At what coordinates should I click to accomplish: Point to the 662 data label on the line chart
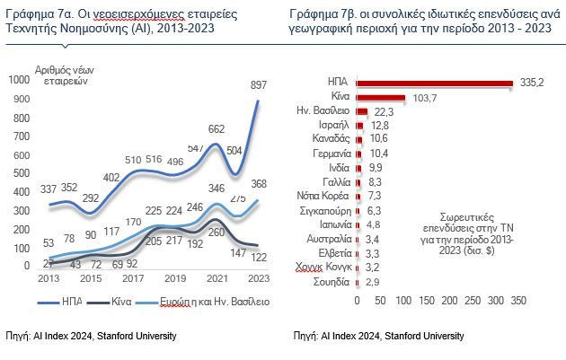217,129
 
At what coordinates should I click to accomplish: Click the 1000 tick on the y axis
19,80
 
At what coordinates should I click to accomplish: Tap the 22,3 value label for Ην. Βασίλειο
384,111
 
